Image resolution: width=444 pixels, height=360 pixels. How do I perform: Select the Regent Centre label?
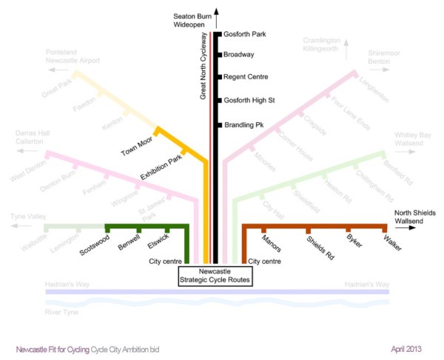246,77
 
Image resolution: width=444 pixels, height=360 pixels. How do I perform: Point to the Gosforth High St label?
249,100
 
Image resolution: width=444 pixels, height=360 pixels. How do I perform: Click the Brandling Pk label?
243,124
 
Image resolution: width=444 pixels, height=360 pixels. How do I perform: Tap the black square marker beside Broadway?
220,54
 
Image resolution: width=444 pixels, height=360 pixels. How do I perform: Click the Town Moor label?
135,148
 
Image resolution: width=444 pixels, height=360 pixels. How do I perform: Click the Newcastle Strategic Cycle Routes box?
215,276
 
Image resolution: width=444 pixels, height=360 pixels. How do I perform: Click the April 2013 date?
407,347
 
